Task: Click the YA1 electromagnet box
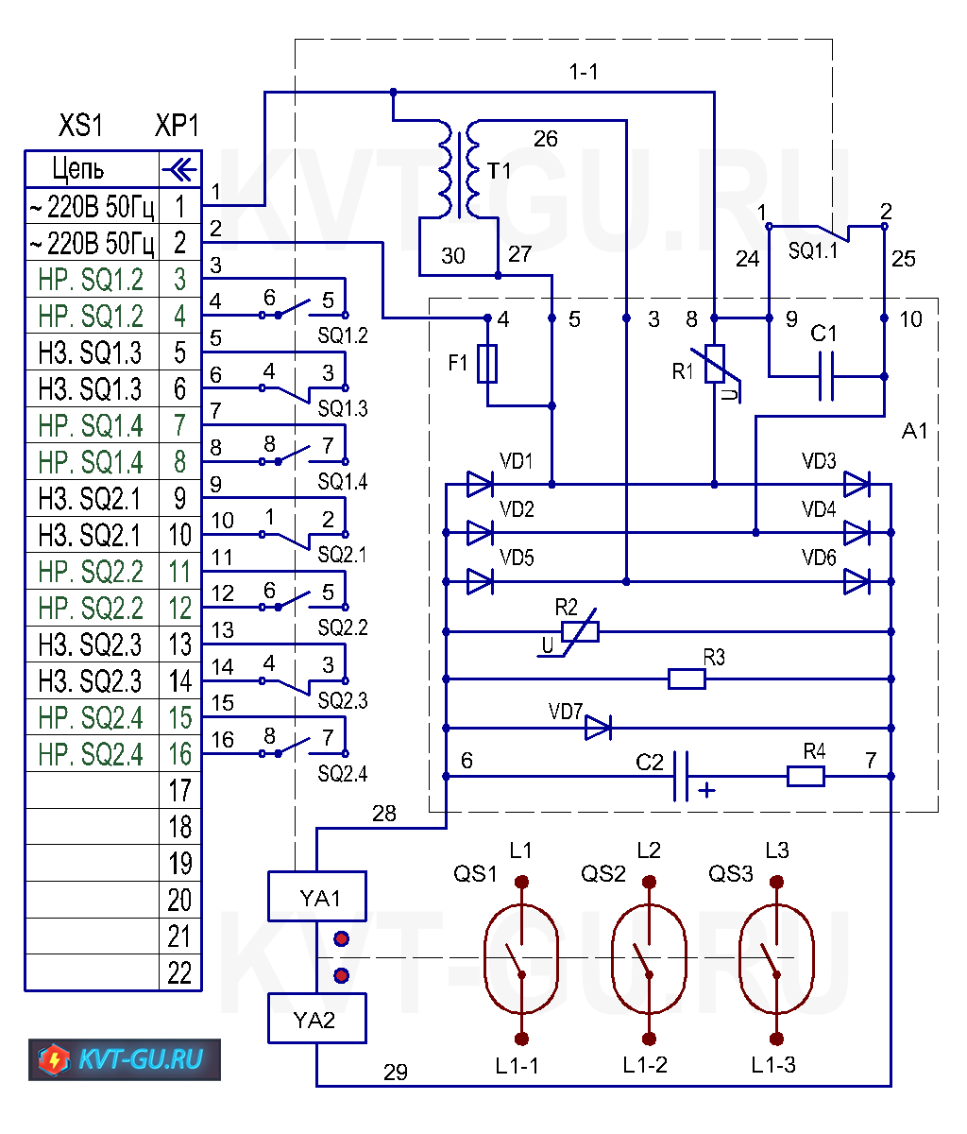[x=317, y=896]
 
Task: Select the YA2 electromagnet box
[x=317, y=1019]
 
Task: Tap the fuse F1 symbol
[x=487, y=363]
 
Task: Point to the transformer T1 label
[x=499, y=171]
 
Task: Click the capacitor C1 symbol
[x=826, y=376]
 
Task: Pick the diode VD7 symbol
[x=598, y=728]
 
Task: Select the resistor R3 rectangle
[x=687, y=679]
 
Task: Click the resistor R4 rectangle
[x=806, y=776]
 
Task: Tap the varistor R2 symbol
[x=580, y=631]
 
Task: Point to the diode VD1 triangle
[x=480, y=485]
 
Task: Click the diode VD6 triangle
[x=857, y=581]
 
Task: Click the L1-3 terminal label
[x=773, y=1065]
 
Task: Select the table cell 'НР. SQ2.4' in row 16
[x=92, y=753]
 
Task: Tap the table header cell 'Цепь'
[x=77, y=168]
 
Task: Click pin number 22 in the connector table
[x=179, y=972]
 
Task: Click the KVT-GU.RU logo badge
[x=125, y=1059]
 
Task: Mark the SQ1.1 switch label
[x=813, y=250]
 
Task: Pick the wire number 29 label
[x=396, y=1072]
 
